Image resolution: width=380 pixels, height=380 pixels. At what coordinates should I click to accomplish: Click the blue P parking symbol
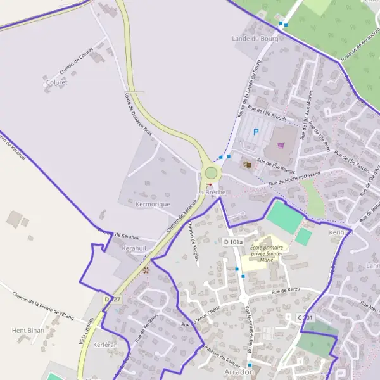click(256, 132)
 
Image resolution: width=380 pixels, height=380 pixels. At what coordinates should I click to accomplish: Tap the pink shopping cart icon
click(281, 145)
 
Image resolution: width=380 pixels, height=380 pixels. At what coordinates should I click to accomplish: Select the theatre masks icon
click(246, 164)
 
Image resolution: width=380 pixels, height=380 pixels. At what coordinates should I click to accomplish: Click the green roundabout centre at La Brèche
click(211, 173)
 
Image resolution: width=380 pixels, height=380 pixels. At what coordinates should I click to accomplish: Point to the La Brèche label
click(211, 192)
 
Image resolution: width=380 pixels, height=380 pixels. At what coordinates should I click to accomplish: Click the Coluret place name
click(56, 82)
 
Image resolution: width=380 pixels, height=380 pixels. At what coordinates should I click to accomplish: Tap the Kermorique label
click(153, 205)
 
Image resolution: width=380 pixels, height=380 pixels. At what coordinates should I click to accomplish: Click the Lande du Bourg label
click(256, 39)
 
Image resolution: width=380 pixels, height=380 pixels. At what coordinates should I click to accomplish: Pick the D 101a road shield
click(233, 242)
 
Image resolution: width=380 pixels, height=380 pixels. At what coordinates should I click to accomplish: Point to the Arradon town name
click(239, 372)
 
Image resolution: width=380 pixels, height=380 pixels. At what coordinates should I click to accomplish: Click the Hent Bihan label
click(27, 331)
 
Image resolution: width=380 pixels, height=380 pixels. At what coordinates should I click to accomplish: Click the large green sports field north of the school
click(284, 217)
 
